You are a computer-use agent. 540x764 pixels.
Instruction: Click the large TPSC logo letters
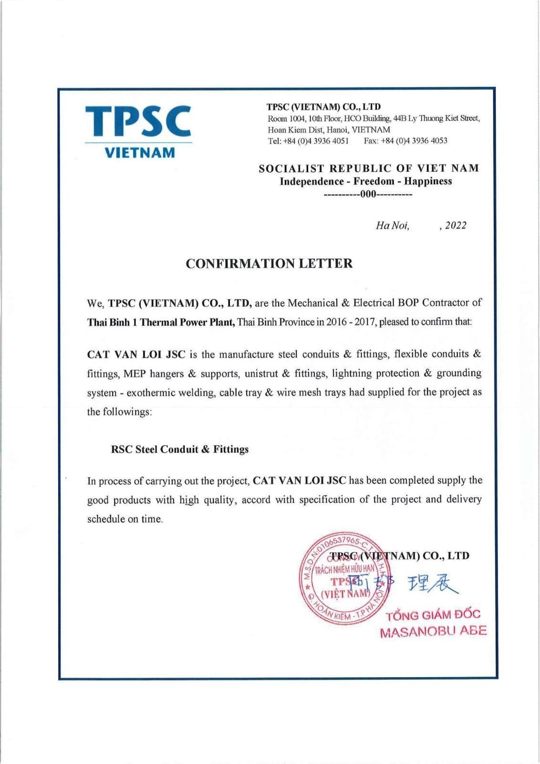click(139, 121)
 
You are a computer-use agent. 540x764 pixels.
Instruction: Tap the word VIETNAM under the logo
click(139, 153)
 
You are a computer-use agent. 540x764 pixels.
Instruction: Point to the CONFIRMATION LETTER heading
click(269, 263)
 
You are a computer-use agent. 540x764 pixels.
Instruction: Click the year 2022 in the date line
click(455, 226)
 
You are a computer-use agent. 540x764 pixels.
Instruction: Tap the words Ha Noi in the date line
click(392, 226)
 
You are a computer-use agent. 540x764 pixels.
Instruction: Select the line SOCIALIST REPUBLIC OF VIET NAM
click(368, 168)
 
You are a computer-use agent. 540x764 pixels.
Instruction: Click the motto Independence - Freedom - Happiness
click(365, 181)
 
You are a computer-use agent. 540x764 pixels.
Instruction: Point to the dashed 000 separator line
click(367, 194)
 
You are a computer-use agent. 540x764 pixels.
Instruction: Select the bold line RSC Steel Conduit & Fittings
click(180, 450)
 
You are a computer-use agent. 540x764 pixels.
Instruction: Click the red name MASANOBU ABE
click(433, 631)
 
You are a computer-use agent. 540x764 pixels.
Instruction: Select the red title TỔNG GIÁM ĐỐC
click(433, 615)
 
